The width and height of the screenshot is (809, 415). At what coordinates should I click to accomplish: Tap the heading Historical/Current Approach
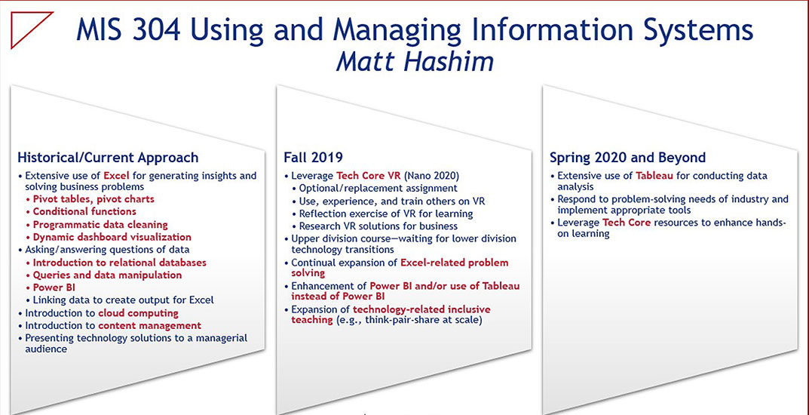click(108, 157)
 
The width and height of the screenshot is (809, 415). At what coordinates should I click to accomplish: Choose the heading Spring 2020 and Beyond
click(627, 157)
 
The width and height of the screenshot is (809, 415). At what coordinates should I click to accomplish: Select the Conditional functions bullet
click(81, 211)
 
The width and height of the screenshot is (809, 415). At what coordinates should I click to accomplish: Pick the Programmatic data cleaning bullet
click(97, 225)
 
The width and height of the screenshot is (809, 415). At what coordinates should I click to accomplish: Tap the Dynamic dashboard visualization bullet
click(109, 238)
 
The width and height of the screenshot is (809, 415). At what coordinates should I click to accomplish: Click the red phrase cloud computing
click(138, 313)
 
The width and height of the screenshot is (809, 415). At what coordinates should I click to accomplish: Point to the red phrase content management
click(149, 326)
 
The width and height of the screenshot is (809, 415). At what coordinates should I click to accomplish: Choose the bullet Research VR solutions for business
click(375, 226)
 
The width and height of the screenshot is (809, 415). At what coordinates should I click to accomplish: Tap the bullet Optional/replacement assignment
click(375, 189)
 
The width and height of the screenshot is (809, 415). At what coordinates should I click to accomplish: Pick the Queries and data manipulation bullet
click(104, 275)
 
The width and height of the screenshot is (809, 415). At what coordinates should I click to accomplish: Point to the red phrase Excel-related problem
click(455, 263)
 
